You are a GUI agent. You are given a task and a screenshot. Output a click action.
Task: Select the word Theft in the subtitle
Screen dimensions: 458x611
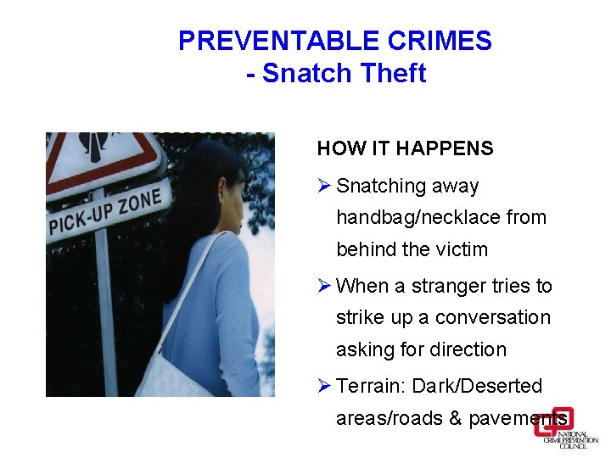tap(392, 74)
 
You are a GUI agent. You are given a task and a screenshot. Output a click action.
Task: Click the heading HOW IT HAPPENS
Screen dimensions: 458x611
tap(405, 148)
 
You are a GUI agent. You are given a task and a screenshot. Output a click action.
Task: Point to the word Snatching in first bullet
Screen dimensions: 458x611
tap(381, 186)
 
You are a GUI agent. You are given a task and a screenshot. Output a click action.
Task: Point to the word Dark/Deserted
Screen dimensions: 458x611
tap(477, 386)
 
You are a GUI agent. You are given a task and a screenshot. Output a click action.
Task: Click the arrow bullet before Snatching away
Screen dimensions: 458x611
tap(323, 186)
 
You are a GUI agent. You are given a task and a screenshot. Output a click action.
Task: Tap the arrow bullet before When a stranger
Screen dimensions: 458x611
tap(323, 286)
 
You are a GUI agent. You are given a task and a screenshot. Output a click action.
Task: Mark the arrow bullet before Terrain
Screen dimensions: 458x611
tap(323, 386)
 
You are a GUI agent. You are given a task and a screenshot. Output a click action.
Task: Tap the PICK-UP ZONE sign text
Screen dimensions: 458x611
tap(109, 212)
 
